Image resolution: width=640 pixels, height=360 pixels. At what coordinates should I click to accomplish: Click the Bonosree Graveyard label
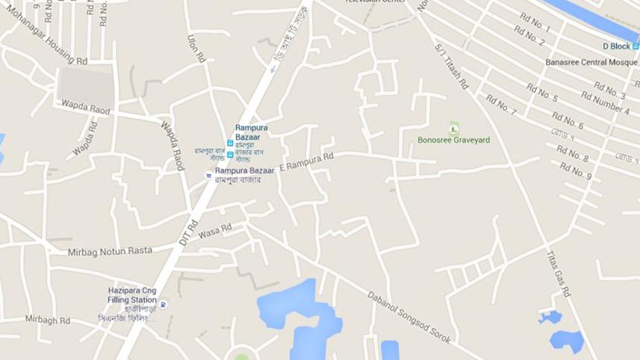coord(453,140)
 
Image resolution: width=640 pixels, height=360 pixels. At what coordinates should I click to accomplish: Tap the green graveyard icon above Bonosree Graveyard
coord(453,128)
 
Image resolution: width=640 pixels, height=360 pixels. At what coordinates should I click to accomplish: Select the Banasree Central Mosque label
coord(590,62)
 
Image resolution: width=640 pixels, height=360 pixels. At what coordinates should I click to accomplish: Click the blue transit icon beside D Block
coord(636,46)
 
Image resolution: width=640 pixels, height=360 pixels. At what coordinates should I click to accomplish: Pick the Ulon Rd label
coord(196,46)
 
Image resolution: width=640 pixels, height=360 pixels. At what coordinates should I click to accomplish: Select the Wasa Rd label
coord(215,231)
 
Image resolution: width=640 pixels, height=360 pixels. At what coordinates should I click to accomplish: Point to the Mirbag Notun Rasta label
coord(110,251)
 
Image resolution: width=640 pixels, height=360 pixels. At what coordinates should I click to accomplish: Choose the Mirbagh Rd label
coord(47,320)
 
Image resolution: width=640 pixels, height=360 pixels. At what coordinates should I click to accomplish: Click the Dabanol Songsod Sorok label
coord(408,317)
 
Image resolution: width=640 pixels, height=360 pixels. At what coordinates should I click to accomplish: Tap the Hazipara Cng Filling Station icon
coord(164,304)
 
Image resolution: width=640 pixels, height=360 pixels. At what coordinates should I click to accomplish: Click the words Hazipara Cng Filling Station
coord(131,294)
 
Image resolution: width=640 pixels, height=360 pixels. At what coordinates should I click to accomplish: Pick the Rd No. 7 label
coord(500,105)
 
